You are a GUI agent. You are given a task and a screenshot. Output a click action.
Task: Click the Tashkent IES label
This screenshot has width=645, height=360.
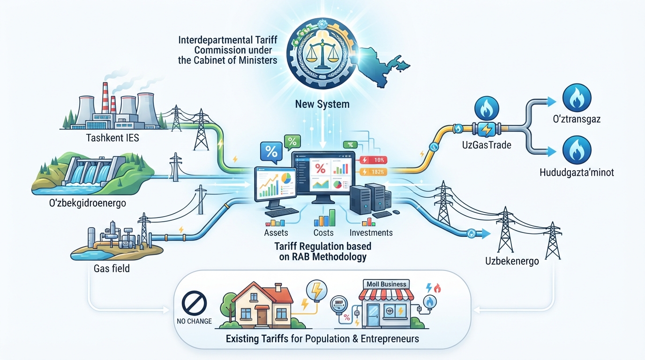pos(112,138)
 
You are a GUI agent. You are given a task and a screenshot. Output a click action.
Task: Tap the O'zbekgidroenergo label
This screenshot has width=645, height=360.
pos(88,203)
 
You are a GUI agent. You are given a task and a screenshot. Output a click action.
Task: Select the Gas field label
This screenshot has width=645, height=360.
pos(112,269)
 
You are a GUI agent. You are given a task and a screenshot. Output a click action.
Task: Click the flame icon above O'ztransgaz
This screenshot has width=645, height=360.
pos(577,97)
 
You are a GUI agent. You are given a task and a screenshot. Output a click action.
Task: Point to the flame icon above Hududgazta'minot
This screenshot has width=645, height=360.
pos(577,150)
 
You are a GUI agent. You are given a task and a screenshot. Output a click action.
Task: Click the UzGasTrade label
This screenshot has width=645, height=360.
pos(487,144)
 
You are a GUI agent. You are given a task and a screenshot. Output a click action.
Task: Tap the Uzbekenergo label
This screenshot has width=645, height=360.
pos(512,261)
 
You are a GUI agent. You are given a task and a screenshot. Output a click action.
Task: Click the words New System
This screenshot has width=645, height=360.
pos(322,104)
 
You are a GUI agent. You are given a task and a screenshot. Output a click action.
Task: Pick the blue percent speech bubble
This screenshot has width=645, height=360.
pos(271,152)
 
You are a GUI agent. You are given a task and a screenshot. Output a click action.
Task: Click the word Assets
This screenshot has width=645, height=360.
pos(276,232)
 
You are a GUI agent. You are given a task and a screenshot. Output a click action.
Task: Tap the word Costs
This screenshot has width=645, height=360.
pos(323,232)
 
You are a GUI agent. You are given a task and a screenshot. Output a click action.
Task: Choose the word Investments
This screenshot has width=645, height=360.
pos(371,232)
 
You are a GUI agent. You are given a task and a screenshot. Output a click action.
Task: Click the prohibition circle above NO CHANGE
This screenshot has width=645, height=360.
pos(195,303)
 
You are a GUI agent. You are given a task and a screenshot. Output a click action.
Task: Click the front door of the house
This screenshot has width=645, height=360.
pos(262,316)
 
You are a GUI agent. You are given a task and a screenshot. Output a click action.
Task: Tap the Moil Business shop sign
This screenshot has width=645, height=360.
pos(386,284)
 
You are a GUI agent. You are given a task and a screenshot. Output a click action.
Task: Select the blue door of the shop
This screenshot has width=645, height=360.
pos(373,315)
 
